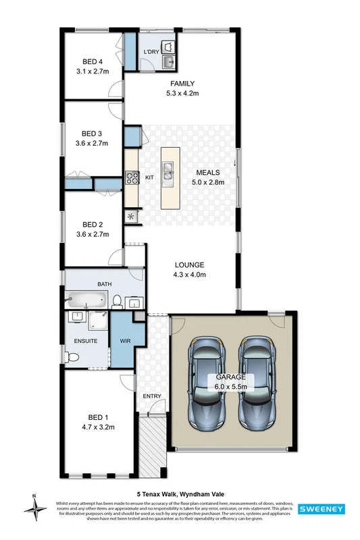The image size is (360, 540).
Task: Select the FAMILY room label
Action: tap(182, 84)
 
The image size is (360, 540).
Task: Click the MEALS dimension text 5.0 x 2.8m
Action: tap(207, 181)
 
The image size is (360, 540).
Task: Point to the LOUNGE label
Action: tap(188, 265)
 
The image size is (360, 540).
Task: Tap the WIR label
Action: tap(124, 340)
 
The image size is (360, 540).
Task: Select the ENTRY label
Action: tap(151, 396)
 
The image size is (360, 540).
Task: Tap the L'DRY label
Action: tap(151, 52)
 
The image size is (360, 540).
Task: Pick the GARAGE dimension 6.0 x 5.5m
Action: tap(231, 387)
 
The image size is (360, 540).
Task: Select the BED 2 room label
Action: tap(91, 225)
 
